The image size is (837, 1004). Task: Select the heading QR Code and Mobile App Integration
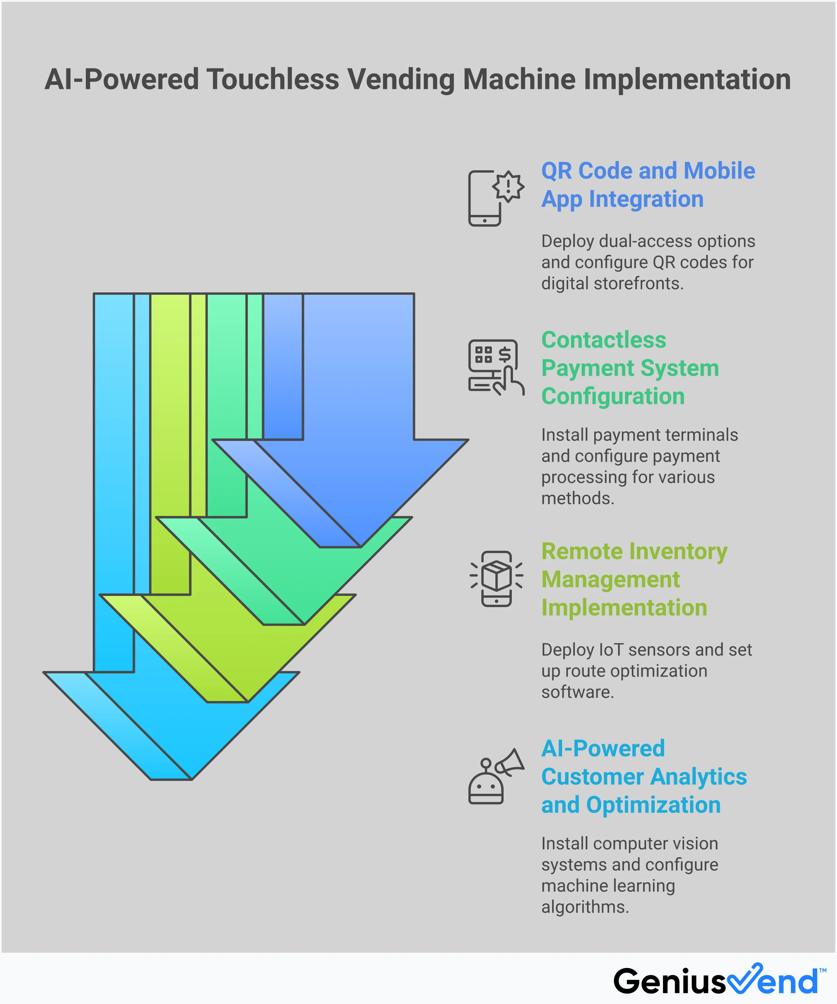(648, 185)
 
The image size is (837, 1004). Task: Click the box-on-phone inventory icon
(496, 579)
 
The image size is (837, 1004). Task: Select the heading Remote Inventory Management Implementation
(634, 580)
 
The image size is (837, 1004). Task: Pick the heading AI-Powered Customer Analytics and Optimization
(643, 776)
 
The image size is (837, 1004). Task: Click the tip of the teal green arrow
(284, 624)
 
